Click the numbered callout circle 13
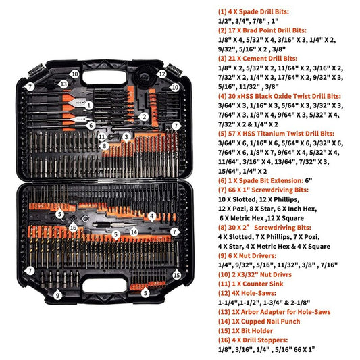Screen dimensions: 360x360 click(63, 84)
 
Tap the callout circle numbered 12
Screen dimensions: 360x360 click(162, 74)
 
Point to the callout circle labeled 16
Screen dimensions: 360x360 click(74, 227)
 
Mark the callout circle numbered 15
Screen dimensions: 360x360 click(176, 275)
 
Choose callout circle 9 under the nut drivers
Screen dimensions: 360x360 click(58, 295)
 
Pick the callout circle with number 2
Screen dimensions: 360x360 click(144, 116)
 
